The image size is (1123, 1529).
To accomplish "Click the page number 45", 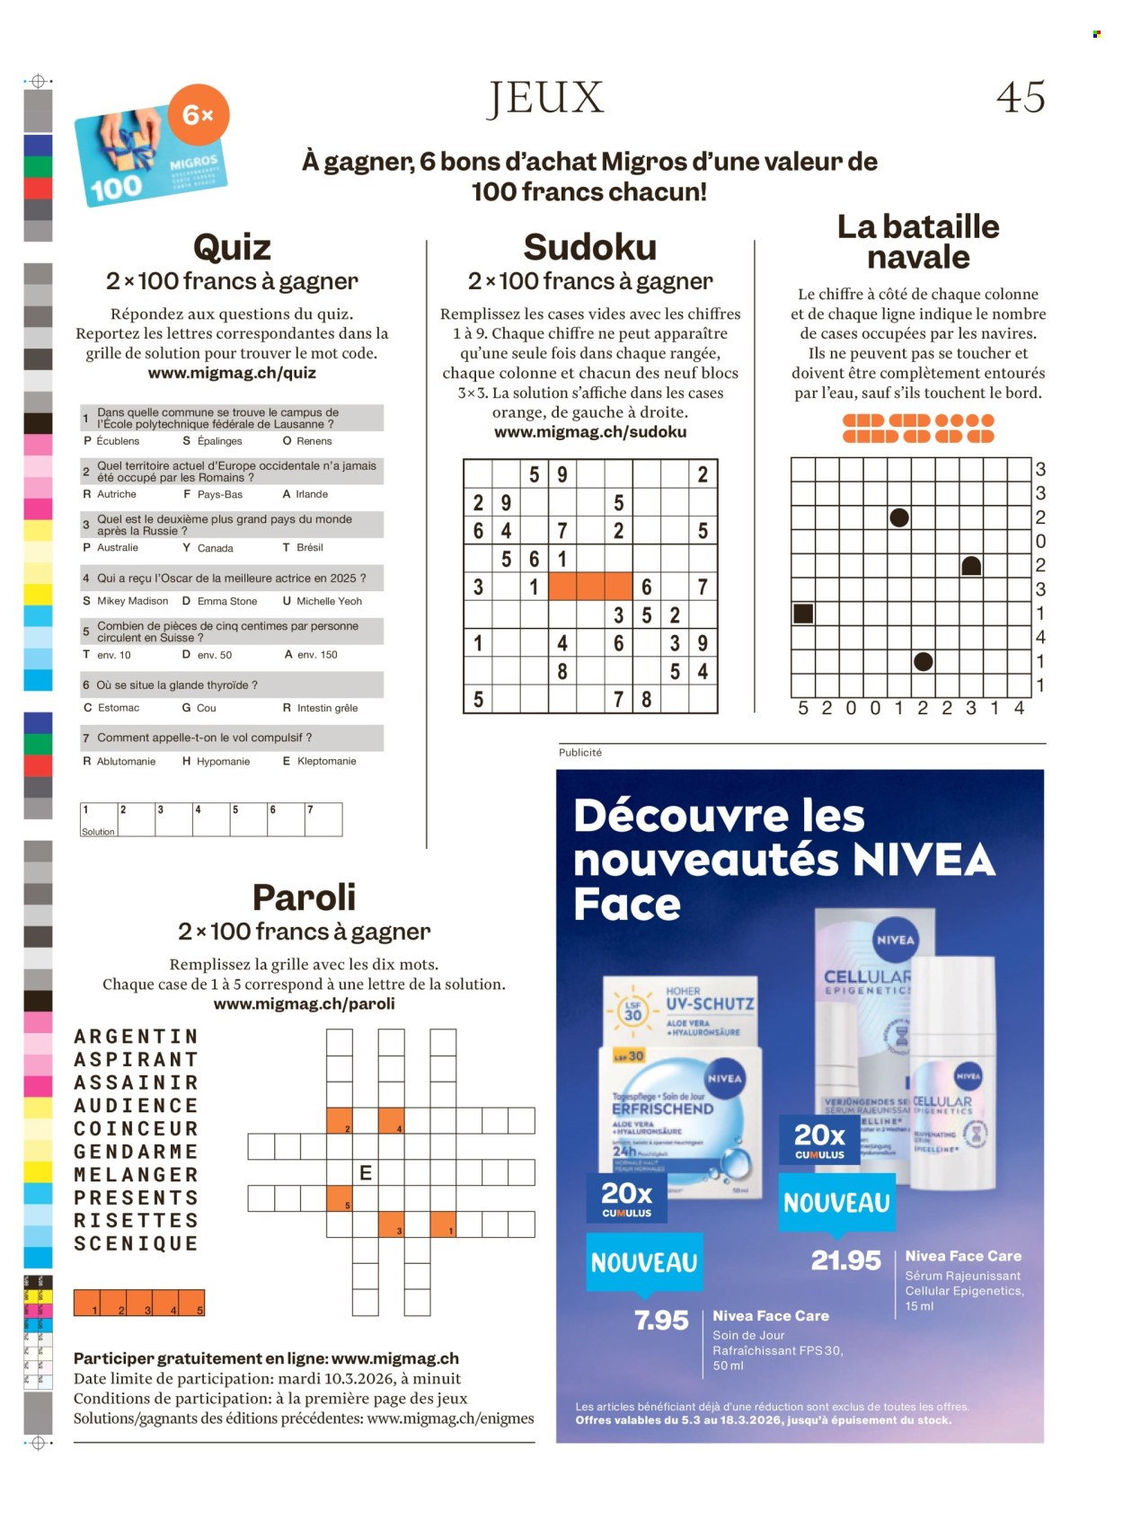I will click(x=1021, y=97).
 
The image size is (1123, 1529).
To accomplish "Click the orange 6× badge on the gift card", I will click(x=199, y=115).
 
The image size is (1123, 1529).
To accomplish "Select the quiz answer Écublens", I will click(x=118, y=441).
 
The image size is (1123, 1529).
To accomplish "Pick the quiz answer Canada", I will click(x=215, y=548).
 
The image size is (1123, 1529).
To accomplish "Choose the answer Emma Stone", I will click(x=226, y=601).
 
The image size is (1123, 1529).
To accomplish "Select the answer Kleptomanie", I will click(x=326, y=761).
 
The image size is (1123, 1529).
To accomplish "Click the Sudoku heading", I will click(x=590, y=247).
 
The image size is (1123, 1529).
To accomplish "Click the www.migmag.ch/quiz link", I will click(x=232, y=373).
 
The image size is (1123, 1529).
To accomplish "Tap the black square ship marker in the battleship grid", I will click(x=803, y=614).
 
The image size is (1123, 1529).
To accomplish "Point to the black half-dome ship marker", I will click(x=971, y=566).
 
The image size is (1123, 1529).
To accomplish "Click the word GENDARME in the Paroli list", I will click(x=136, y=1152).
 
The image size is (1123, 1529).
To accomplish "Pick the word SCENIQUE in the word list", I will click(x=136, y=1243).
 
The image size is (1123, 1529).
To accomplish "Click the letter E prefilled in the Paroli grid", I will click(x=366, y=1172).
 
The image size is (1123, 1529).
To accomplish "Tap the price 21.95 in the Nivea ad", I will click(x=845, y=1260).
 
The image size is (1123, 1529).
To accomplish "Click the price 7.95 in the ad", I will click(x=661, y=1320).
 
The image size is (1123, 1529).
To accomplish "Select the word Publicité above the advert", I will click(x=580, y=753).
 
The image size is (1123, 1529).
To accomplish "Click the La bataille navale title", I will click(x=918, y=242).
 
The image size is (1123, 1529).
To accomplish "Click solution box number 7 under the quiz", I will click(x=323, y=819).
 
